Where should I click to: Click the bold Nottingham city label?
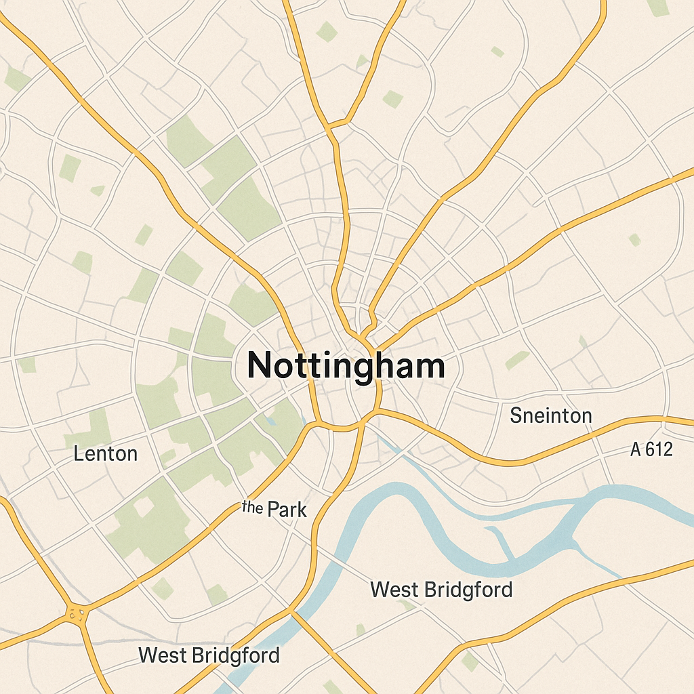346,366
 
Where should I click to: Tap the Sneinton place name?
551,415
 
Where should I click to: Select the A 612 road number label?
651,449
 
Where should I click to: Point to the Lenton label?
105,453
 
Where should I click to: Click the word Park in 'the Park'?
287,510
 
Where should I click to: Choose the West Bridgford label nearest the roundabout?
209,655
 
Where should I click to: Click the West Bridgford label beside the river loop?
441,589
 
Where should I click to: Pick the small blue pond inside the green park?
271,421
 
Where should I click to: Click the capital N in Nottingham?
260,366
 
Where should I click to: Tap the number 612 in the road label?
658,449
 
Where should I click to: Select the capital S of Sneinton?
516,415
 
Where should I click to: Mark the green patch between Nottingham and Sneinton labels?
517,360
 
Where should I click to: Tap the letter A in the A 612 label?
636,449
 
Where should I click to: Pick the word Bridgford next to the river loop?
469,589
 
